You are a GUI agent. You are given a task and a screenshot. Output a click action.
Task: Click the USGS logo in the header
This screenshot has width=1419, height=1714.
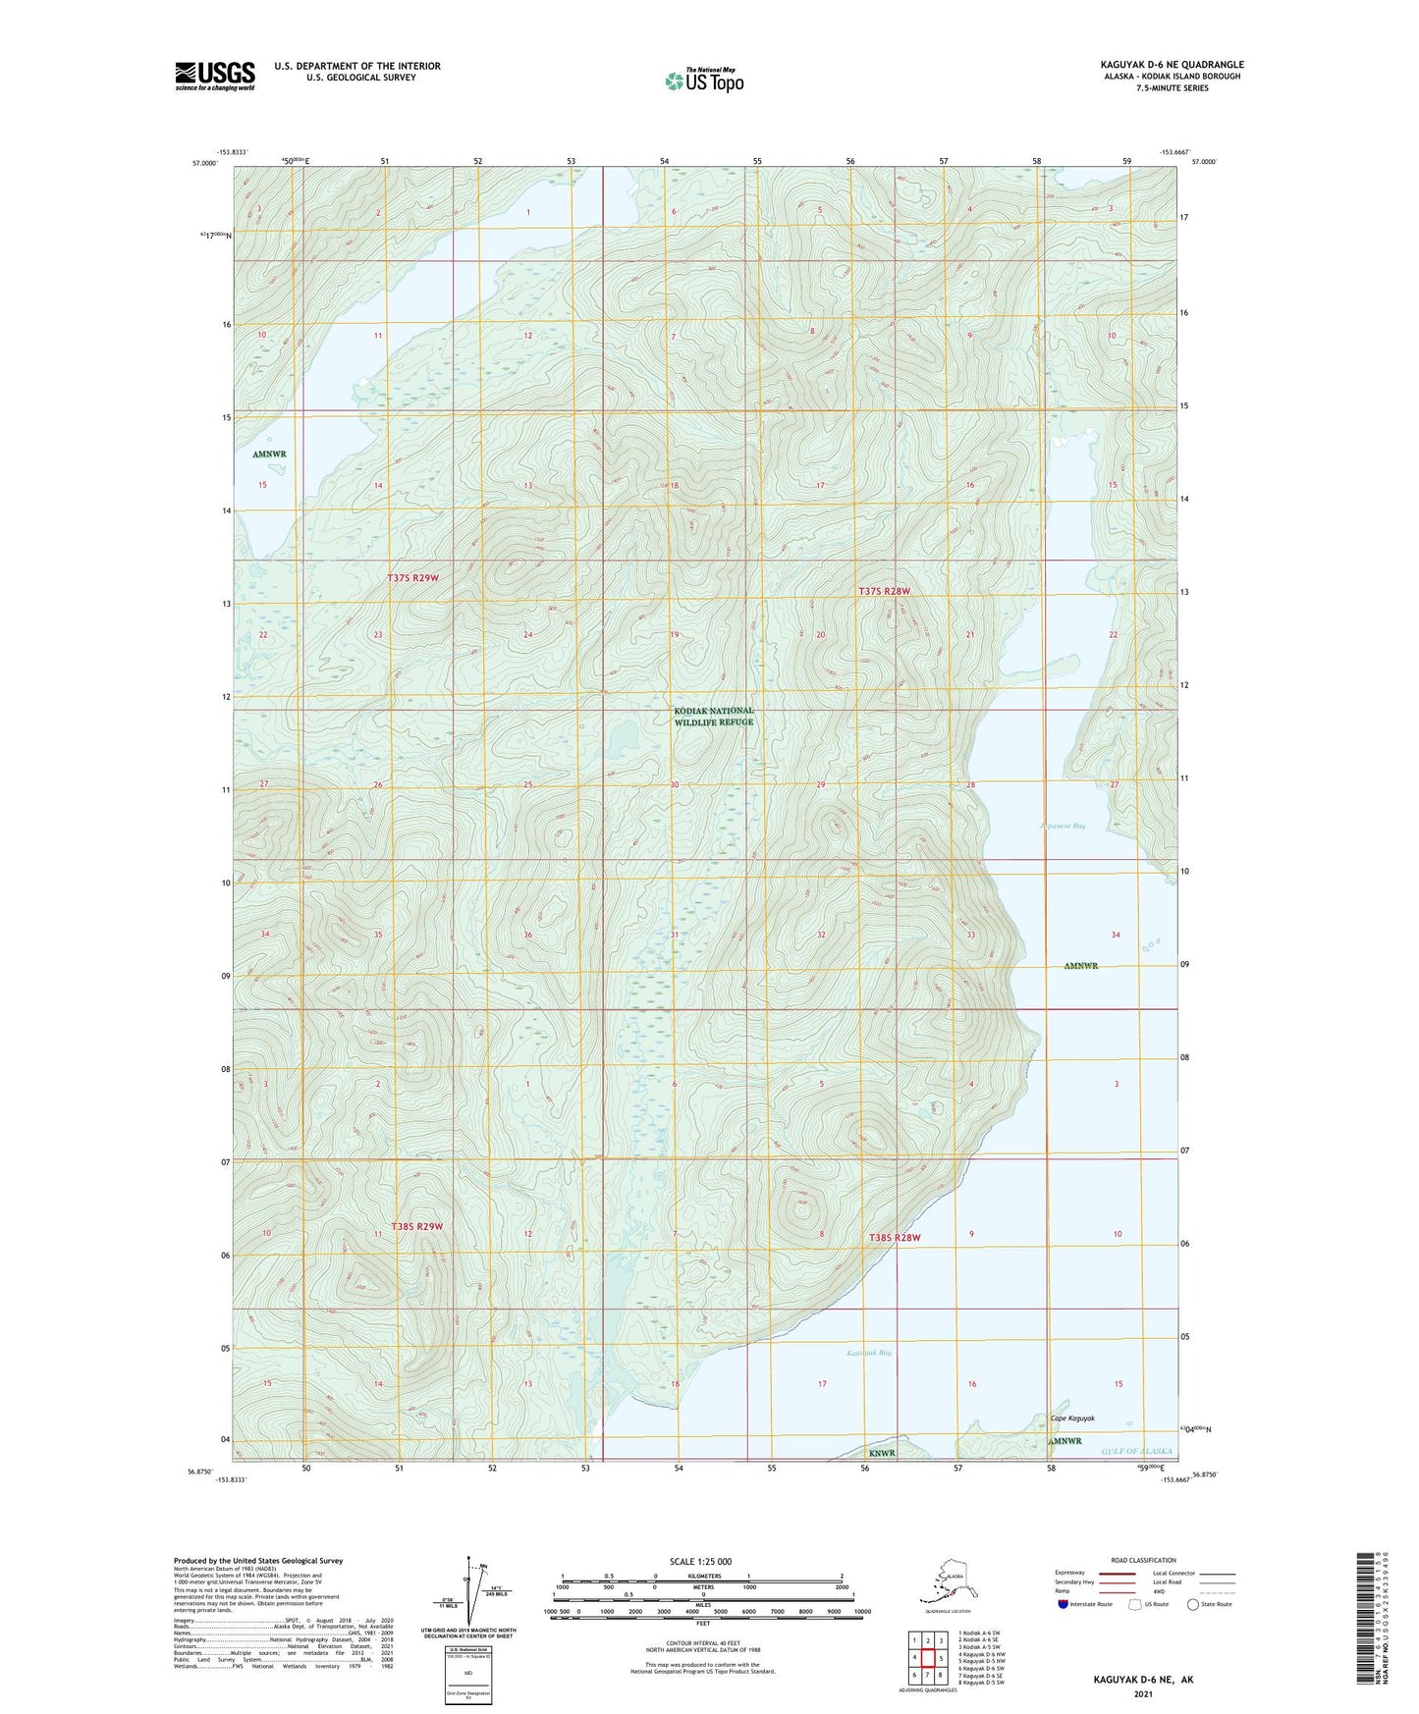pos(214,76)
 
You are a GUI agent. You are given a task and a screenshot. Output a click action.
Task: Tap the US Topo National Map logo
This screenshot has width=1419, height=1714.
pos(704,80)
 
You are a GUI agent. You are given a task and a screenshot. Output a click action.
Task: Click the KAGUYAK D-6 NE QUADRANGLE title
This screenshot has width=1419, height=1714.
pos(1172,65)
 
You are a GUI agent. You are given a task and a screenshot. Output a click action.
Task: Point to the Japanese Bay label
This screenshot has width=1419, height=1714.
pos(1062,827)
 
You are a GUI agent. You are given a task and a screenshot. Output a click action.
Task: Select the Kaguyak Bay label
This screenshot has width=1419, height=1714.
pos(869,1353)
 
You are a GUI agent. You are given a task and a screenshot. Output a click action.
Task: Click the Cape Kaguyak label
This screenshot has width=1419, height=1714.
pos(1071,1419)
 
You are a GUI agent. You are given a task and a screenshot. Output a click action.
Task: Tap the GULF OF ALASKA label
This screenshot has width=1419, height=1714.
pos(1136,1451)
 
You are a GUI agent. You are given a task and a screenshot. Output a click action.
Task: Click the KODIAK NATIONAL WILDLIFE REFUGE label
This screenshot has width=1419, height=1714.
pos(714,717)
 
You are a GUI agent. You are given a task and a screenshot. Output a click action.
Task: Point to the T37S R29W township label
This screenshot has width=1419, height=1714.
pos(412,578)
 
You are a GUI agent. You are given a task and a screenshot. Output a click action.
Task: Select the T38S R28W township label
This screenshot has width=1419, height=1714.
pos(895,1238)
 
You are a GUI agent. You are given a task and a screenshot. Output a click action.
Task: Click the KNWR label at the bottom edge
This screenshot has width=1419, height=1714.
pos(882,1453)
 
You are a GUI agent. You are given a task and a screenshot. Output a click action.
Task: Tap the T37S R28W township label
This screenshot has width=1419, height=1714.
pos(884,591)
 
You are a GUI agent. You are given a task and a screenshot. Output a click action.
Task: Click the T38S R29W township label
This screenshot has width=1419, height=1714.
pos(417,1227)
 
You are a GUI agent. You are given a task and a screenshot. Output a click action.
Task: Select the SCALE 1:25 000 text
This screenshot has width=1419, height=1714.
pos(700,1562)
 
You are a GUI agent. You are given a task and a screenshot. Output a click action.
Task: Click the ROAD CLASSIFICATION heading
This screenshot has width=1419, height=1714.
pos(1143,1560)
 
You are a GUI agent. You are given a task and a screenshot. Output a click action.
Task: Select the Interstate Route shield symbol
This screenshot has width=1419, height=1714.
pos(1064,1604)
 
